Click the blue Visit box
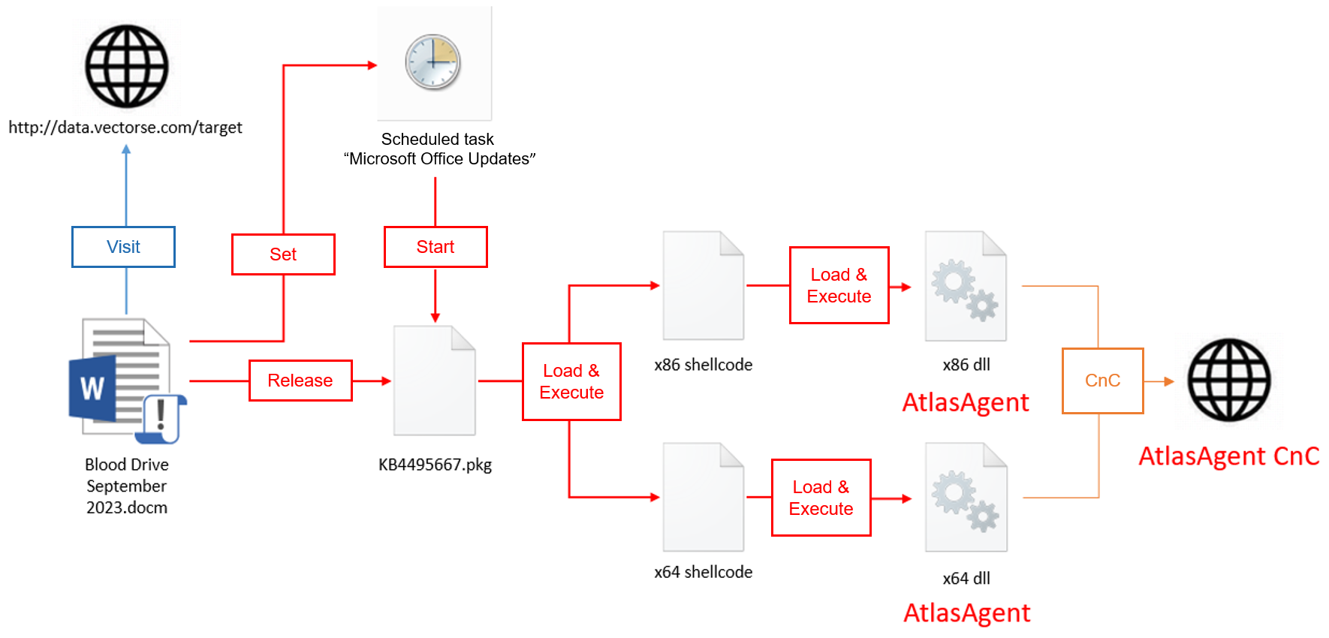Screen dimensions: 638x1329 (x=123, y=247)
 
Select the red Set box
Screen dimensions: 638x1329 (x=283, y=254)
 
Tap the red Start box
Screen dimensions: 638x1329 (x=435, y=247)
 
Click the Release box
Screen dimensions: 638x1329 (x=300, y=381)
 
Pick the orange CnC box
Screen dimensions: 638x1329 (x=1102, y=381)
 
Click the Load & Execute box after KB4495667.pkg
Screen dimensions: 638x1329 (x=571, y=381)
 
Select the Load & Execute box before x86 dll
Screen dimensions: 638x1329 (x=839, y=285)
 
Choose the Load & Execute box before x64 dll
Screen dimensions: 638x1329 (x=821, y=498)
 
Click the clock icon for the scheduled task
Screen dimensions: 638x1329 (x=433, y=62)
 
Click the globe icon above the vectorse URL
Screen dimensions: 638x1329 (x=126, y=66)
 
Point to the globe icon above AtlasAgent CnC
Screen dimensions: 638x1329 (x=1228, y=380)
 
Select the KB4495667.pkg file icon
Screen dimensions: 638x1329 (x=435, y=381)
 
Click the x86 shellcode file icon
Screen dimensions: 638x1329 (x=704, y=286)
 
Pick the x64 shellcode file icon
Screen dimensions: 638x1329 (x=704, y=497)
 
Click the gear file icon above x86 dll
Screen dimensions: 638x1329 (x=966, y=286)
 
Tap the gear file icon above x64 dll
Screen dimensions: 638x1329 (x=966, y=497)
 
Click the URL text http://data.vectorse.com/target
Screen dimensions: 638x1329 (x=125, y=128)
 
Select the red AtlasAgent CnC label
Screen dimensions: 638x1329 (x=1228, y=456)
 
